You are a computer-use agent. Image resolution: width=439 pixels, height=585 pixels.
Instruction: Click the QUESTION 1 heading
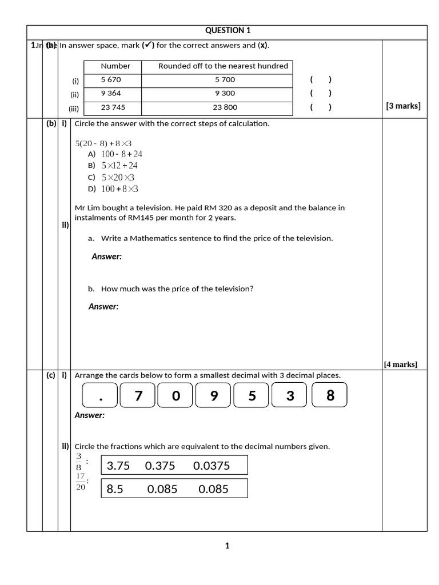228,31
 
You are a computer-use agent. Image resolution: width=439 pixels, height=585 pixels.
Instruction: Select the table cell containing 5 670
111,80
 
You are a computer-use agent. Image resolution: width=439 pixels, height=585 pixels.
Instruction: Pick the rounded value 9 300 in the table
225,93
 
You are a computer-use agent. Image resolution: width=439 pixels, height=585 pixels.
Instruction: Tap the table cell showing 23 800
225,107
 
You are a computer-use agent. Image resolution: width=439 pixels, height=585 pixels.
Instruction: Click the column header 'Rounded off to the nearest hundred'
223,66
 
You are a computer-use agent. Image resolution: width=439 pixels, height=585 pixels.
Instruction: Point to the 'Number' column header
115,66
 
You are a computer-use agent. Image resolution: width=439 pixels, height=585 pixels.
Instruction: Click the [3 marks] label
403,106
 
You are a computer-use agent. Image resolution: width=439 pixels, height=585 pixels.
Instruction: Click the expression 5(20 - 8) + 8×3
103,143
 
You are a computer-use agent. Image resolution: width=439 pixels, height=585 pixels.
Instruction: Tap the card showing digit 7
138,395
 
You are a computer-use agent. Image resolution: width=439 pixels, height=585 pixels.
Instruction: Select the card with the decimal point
99,395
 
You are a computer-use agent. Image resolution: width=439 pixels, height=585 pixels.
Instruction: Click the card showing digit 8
330,395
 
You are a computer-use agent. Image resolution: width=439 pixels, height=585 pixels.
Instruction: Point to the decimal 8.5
115,489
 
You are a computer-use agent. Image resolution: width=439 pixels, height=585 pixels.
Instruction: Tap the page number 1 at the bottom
227,546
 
